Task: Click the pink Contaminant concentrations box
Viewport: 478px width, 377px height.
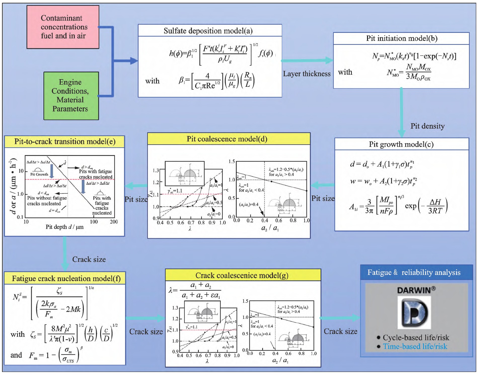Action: pos(63,27)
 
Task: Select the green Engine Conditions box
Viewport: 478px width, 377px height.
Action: pos(71,96)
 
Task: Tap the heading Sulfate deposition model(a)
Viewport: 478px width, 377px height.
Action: pos(208,31)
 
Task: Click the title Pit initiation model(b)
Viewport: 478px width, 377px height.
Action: pos(402,38)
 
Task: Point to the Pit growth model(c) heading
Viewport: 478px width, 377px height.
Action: pos(401,144)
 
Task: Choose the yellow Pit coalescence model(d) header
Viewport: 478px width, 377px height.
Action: pos(227,139)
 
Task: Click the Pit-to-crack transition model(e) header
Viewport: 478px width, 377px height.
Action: pos(65,142)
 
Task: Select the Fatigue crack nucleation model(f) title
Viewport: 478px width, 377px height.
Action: pos(66,278)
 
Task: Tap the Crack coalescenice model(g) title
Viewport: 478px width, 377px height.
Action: pos(242,275)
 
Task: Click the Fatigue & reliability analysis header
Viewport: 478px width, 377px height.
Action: pos(414,272)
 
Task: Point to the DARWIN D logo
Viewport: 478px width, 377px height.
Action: pos(414,312)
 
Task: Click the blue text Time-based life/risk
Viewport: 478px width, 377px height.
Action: pos(415,346)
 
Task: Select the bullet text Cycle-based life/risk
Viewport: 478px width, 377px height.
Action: pos(416,338)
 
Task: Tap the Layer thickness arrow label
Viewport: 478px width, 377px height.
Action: pos(307,74)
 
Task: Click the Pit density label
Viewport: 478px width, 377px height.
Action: pos(427,126)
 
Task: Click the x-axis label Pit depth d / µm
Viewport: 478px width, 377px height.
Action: pos(64,227)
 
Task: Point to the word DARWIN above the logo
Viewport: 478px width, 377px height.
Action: pos(414,290)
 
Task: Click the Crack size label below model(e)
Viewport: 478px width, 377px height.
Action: pos(89,259)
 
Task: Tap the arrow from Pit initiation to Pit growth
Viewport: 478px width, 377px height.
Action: pos(401,113)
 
